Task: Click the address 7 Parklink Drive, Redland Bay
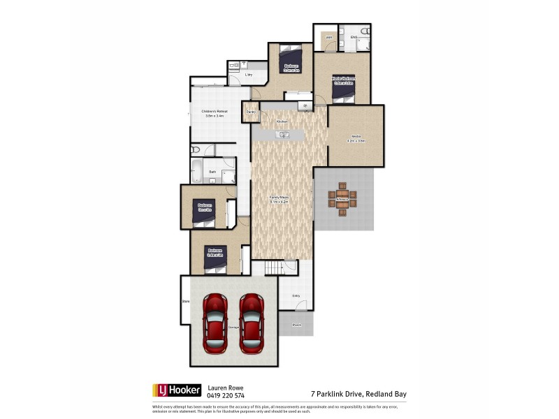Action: tap(358, 394)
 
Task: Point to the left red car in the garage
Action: tap(215, 323)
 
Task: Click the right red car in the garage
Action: tap(252, 323)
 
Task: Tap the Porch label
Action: tap(296, 325)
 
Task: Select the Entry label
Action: tap(296, 295)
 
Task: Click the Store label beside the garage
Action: tap(186, 302)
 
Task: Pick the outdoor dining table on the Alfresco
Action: tap(342, 200)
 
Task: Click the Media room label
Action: tap(356, 137)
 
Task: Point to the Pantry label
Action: tap(250, 112)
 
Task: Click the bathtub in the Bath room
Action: tap(197, 171)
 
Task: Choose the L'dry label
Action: tap(247, 74)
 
